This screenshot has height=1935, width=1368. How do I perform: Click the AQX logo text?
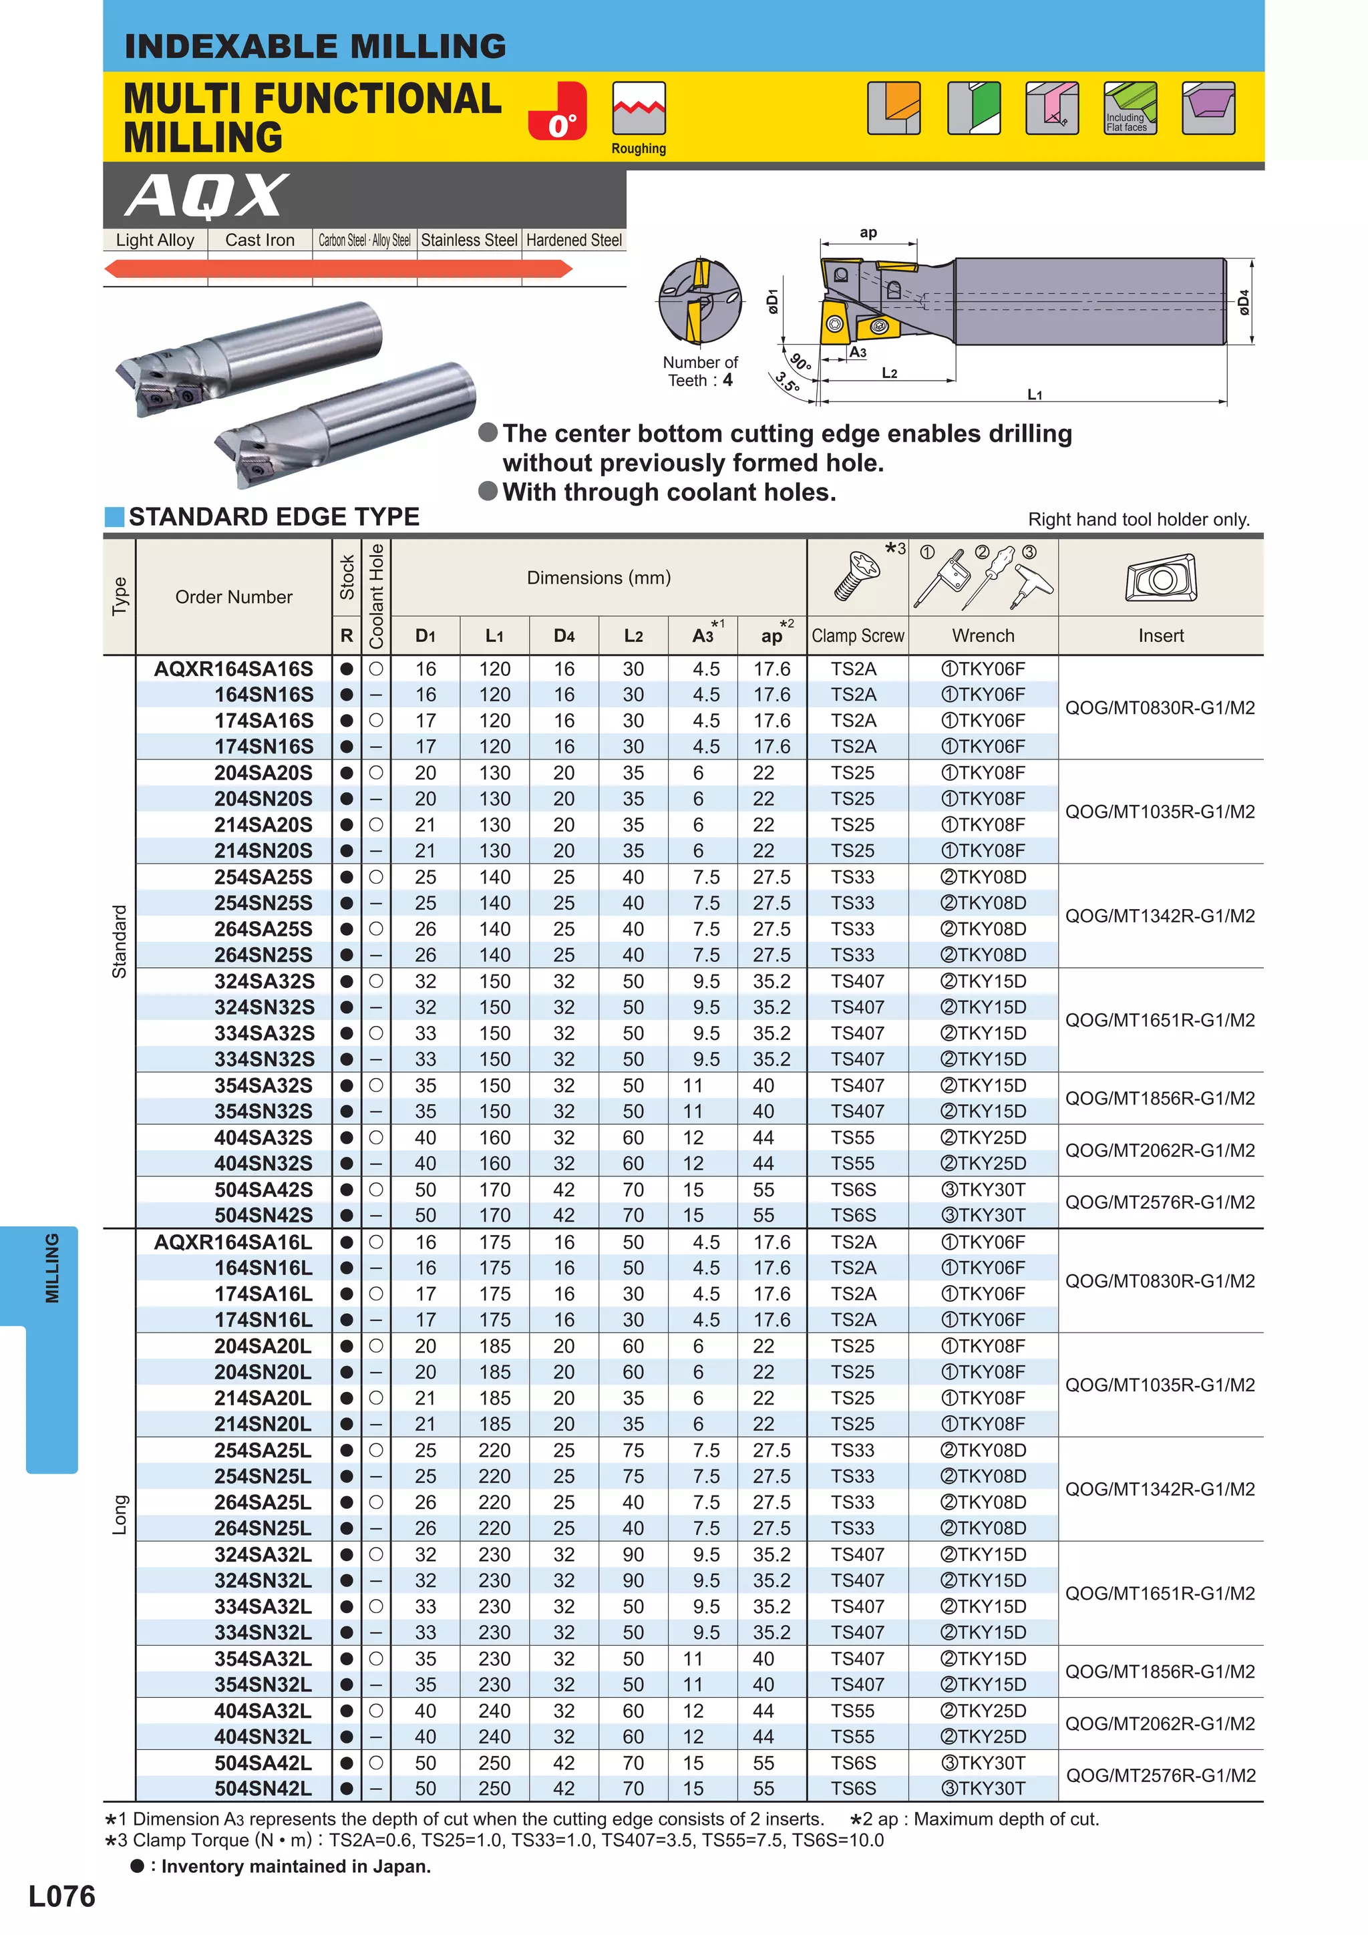coord(206,196)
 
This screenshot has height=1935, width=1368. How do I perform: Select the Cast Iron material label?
coord(260,240)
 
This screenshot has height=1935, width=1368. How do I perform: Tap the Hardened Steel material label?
coord(573,240)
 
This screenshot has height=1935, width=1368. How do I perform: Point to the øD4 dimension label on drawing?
coord(1243,303)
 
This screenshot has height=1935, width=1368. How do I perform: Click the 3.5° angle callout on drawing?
coord(788,383)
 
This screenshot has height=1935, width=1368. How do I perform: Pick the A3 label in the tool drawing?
coord(857,352)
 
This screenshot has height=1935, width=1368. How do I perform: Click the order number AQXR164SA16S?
coord(234,669)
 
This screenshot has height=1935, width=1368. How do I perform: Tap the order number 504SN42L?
coord(263,1788)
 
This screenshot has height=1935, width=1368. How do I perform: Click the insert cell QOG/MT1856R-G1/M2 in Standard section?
coord(1160,1098)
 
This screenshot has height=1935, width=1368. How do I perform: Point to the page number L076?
coord(61,1896)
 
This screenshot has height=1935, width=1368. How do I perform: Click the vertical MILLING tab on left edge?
coord(52,1268)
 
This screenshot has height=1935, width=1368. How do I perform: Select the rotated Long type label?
coord(120,1514)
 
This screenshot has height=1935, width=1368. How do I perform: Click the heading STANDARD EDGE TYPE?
coord(273,516)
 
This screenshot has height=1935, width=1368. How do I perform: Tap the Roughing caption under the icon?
coord(638,149)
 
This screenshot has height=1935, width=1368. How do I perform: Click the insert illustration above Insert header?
coord(1161,578)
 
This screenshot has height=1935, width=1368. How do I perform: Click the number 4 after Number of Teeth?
coord(727,380)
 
